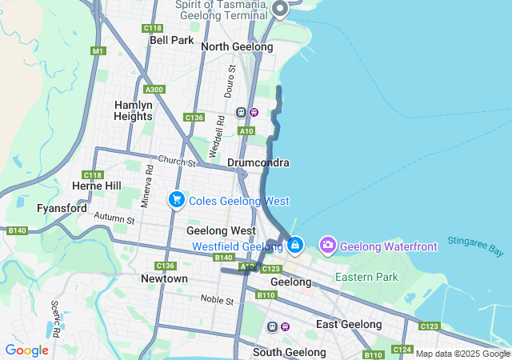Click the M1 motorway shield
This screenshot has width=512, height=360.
click(x=98, y=51)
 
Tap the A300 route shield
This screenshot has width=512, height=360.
click(x=154, y=90)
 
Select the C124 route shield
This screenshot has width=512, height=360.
click(x=402, y=350)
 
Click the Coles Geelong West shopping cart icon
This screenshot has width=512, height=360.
click(x=176, y=200)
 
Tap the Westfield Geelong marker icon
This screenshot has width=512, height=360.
click(x=295, y=243)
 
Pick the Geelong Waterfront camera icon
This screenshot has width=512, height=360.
click(x=327, y=244)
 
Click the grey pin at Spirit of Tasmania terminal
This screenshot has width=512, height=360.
click(x=280, y=9)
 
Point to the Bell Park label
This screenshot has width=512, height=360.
click(x=171, y=40)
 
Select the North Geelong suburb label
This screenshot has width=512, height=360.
click(x=237, y=46)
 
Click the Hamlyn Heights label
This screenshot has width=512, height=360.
click(x=133, y=110)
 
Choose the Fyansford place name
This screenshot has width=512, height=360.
click(x=62, y=208)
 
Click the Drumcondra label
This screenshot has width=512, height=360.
click(x=258, y=162)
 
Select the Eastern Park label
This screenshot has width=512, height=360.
click(x=366, y=277)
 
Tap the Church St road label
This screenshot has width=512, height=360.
click(x=177, y=162)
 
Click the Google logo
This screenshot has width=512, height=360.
click(x=26, y=350)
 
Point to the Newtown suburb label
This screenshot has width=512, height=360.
click(x=164, y=278)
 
